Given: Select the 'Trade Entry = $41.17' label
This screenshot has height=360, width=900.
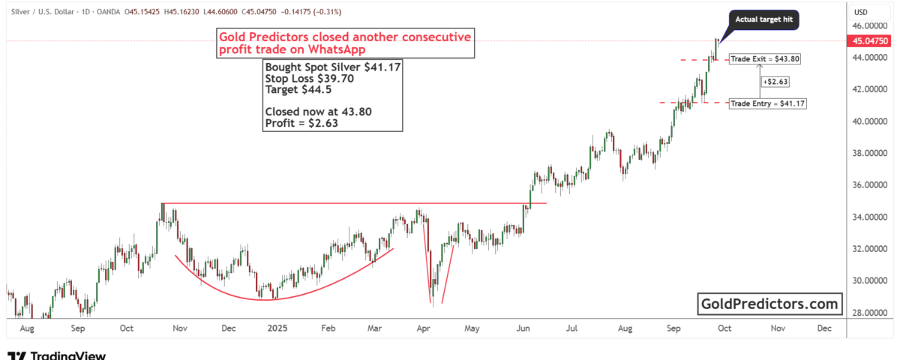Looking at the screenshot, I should click(x=767, y=103).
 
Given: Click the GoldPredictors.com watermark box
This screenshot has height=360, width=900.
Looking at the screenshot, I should click(x=769, y=304).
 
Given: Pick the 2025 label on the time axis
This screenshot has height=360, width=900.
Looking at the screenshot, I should click(x=278, y=328).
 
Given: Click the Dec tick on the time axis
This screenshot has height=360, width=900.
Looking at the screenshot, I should click(x=824, y=328).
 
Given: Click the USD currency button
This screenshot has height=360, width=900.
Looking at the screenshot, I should click(x=860, y=12).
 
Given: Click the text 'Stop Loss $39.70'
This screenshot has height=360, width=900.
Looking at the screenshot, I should click(x=304, y=77).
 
